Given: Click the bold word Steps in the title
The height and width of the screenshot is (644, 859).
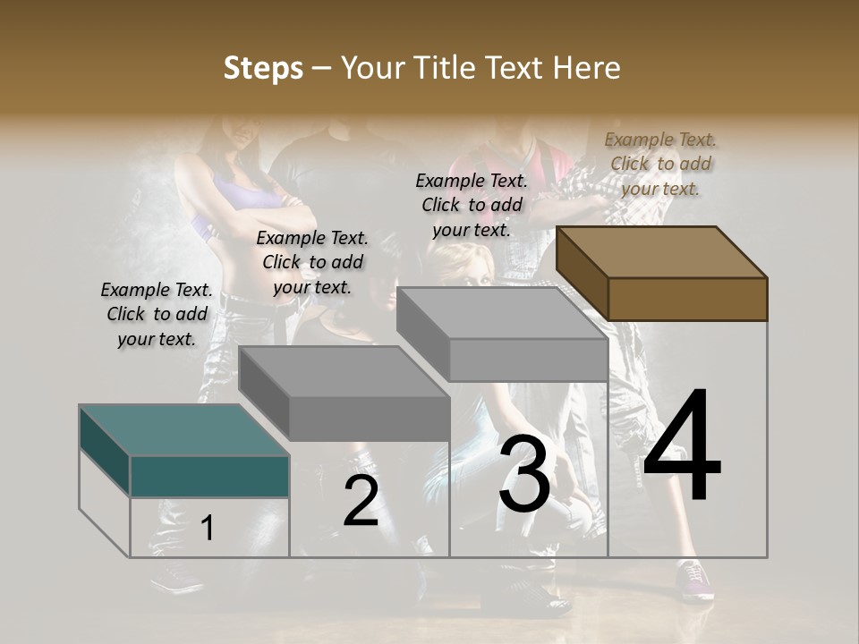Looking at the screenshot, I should (262, 68).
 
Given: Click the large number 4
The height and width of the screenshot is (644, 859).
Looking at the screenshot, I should (682, 446).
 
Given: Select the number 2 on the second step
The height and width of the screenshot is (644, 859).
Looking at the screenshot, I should (361, 501).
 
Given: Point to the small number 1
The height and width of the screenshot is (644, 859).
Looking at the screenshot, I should (207, 529).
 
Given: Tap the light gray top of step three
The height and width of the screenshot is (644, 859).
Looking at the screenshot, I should (501, 313).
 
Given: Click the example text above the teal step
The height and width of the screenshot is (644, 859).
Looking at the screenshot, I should (157, 314).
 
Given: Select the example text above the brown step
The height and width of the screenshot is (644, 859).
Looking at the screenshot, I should (660, 164).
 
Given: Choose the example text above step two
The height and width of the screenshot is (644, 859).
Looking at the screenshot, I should (312, 262).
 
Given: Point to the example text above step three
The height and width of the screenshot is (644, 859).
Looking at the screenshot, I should (472, 205).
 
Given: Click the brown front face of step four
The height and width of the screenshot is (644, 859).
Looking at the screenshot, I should (687, 299).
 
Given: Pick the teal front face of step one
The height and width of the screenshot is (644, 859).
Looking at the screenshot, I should (209, 476).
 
